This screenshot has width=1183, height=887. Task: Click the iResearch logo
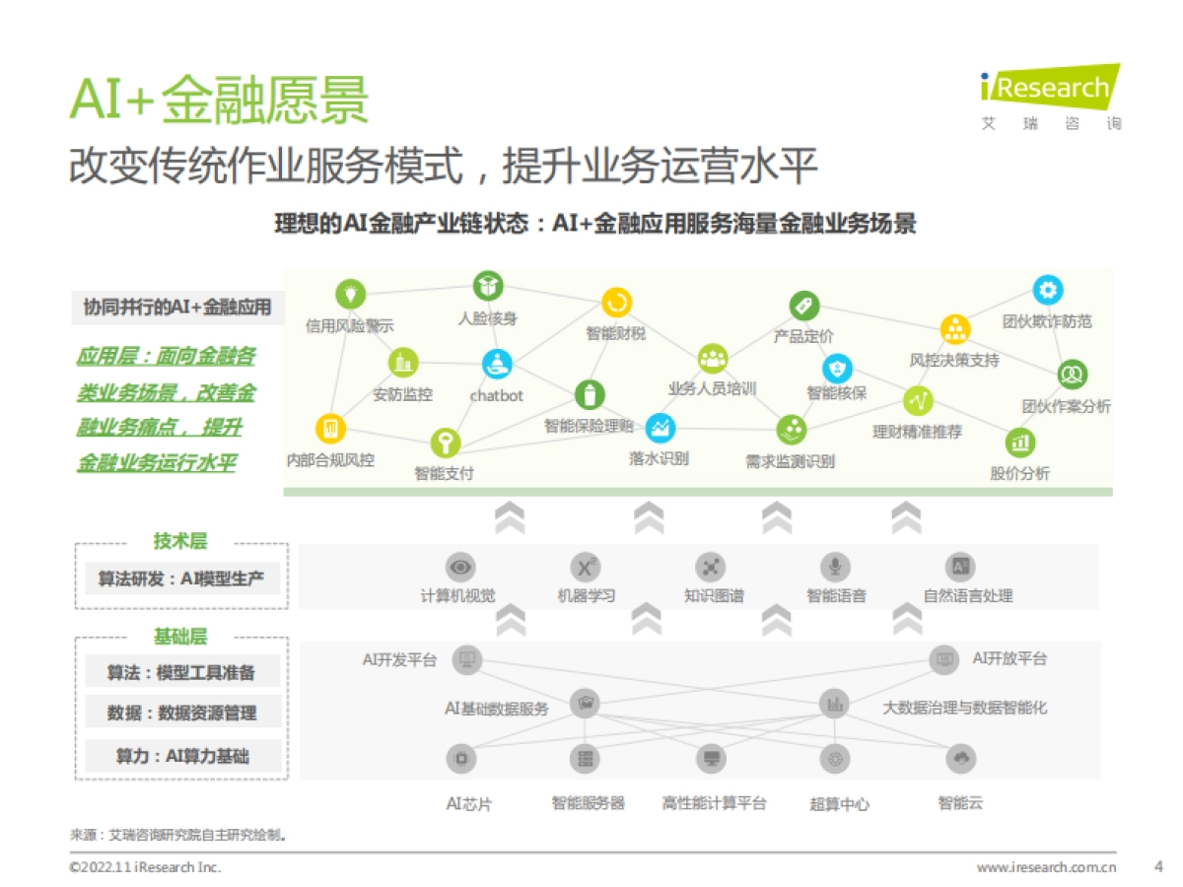pos(1051,97)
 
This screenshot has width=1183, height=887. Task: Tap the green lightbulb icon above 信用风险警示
pos(350,293)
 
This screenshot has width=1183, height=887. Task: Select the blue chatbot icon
pos(497,364)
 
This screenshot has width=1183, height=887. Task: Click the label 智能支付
pos(444,474)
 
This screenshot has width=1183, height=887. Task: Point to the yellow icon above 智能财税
pos(616,303)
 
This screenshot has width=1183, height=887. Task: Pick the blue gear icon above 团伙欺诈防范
pos(1047,290)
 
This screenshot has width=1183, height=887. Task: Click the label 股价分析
pos(1020,474)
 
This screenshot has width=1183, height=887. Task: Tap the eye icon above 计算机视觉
pos(460,567)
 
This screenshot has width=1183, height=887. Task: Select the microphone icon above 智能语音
pos(835,567)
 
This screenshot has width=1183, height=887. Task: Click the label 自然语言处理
pos(967,596)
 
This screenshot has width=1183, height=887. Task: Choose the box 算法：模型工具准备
pos(181,672)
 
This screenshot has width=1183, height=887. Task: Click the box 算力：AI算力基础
pos(181,756)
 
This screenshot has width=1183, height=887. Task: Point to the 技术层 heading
pos(180,541)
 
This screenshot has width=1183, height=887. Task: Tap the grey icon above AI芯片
pos(461,758)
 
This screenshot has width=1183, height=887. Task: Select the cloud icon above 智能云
pos(960,758)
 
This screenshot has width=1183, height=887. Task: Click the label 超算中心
pos(839,804)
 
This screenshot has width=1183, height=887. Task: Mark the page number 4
pos(1158,867)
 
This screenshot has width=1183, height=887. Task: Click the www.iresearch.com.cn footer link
pos(1046,868)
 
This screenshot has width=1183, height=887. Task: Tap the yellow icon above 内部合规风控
pos(329,428)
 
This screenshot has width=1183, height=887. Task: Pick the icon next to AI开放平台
pos(944,659)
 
